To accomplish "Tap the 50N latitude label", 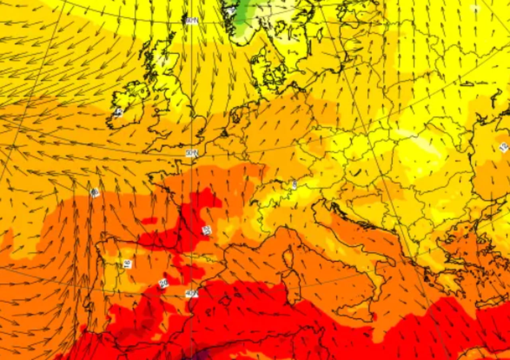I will click(x=192, y=153).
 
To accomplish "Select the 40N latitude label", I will click(x=192, y=294).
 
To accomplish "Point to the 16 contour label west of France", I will click(x=95, y=193).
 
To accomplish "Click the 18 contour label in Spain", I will click(x=127, y=264).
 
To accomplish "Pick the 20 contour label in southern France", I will click(x=206, y=230).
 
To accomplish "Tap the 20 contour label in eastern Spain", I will click(x=163, y=283).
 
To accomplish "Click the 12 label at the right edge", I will click(x=504, y=148).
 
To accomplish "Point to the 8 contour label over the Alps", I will click(x=294, y=184).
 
